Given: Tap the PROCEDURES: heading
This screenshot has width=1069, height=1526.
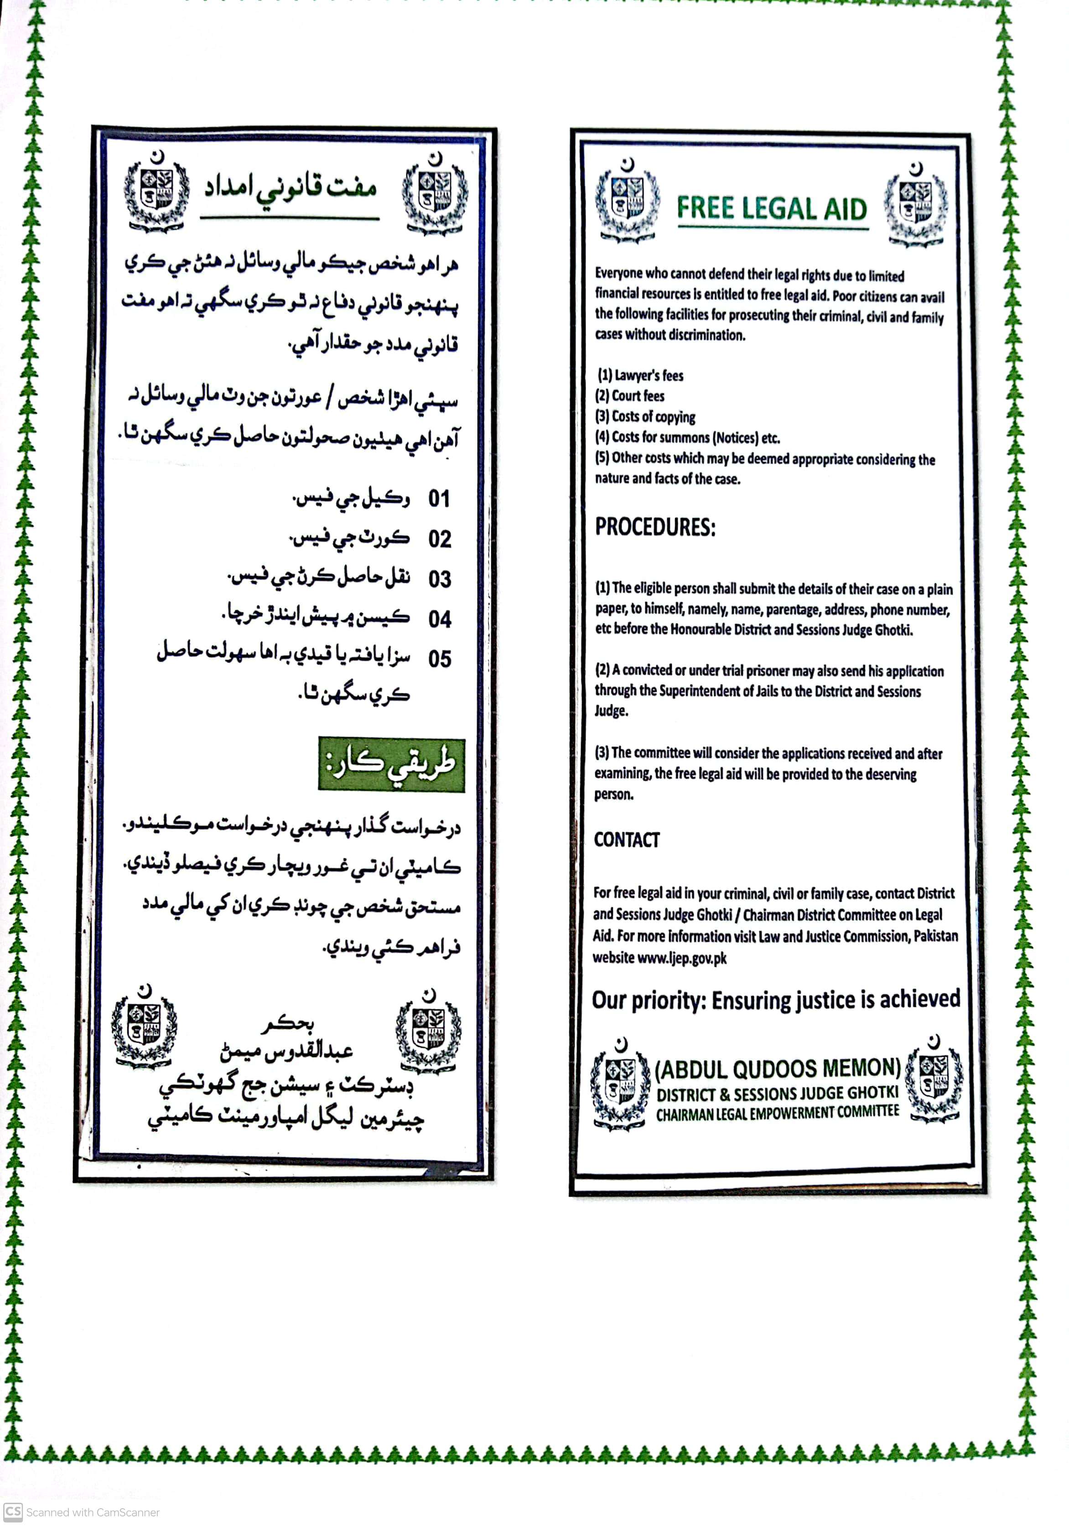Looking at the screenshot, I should (655, 527).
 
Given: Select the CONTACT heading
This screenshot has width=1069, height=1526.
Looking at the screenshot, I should (626, 840).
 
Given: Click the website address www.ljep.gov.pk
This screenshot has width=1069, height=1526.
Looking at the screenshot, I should (681, 958).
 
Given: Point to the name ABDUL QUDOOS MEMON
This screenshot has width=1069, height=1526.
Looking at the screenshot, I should (777, 1069).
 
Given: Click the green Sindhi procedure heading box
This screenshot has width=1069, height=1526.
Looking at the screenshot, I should (392, 764).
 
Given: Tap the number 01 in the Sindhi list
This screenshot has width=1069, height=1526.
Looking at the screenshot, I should (439, 498).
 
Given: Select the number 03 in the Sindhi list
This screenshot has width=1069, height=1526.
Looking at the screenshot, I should (440, 579).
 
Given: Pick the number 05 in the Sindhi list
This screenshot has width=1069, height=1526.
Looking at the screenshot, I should (440, 659).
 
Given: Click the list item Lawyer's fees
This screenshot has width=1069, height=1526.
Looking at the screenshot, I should (640, 375).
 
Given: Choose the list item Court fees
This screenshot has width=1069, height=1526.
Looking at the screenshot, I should (630, 396).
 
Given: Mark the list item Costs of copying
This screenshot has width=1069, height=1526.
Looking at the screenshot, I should (645, 417).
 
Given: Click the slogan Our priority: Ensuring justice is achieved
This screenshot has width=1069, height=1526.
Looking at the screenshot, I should (776, 1000).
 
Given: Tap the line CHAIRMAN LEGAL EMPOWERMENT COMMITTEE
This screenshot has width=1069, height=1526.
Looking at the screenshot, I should (777, 1113).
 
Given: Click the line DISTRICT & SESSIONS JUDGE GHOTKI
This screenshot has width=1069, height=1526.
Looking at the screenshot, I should (777, 1093).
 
